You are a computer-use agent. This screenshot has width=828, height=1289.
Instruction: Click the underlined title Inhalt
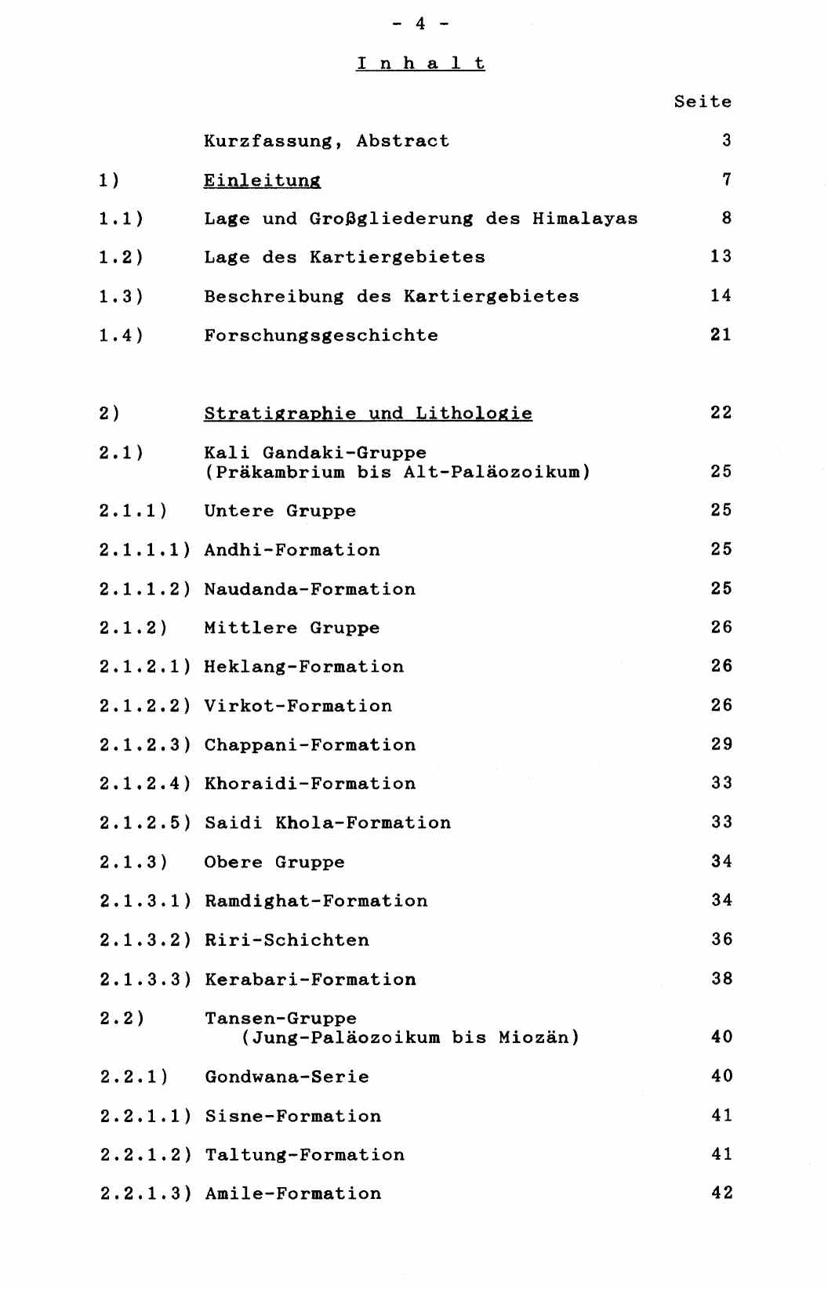[420, 63]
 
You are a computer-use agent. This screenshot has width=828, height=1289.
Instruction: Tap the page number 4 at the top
[420, 24]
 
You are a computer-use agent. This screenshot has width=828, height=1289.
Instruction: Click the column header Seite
[703, 102]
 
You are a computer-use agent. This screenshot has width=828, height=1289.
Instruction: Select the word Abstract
[402, 141]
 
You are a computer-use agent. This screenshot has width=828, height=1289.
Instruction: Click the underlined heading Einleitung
[262, 180]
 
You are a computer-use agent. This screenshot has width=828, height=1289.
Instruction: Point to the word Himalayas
[585, 219]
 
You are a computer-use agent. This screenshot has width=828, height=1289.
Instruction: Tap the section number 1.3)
[122, 296]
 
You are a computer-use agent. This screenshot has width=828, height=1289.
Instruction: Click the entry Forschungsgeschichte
[321, 335]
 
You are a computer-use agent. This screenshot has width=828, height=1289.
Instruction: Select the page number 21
[721, 335]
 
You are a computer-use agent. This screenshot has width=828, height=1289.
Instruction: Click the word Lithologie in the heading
[474, 413]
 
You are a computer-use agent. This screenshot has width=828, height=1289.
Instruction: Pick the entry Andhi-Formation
[292, 550]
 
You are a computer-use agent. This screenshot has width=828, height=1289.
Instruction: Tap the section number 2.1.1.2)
[145, 589]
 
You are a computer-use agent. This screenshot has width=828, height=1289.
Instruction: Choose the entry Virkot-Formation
[298, 706]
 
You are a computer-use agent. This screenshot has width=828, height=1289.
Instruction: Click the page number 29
[721, 744]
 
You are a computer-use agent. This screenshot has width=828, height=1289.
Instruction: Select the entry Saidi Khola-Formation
[328, 823]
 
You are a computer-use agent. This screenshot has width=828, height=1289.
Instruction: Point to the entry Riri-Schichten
[286, 940]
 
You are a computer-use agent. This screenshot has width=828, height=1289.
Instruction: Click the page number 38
[721, 979]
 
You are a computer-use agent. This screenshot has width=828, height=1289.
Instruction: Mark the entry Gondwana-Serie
[286, 1077]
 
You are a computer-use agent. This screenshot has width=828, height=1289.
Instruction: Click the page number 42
[721, 1193]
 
